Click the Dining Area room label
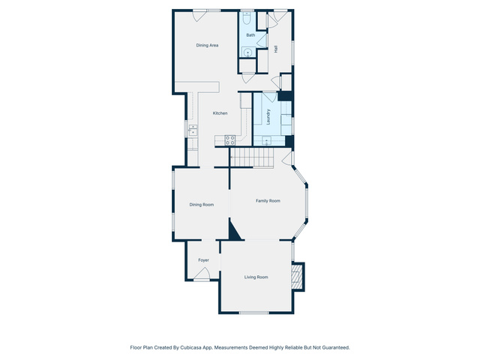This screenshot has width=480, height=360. click(x=207, y=45)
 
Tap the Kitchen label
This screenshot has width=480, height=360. click(x=220, y=113)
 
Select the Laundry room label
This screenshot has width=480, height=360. click(x=268, y=117)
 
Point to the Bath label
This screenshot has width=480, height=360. click(x=250, y=35)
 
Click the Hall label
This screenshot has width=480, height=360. click(x=276, y=49)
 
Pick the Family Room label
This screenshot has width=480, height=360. click(x=268, y=201)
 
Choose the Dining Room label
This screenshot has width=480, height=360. click(x=202, y=205)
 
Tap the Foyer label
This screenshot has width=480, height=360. click(x=203, y=260)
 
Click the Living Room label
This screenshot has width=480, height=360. click(x=256, y=277)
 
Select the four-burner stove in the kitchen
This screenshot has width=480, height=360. click(x=230, y=140)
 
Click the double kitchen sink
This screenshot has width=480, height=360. click(x=193, y=130)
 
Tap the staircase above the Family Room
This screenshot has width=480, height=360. click(x=252, y=157)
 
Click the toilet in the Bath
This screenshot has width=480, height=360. click(x=247, y=18)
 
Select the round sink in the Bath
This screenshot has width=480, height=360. click(x=247, y=52)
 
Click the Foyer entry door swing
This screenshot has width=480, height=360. click(x=202, y=273)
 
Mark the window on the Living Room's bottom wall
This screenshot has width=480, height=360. click(x=253, y=313)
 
